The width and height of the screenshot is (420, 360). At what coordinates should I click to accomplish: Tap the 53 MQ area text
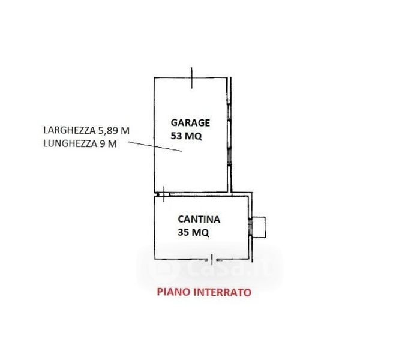pyautogui.click(x=186, y=136)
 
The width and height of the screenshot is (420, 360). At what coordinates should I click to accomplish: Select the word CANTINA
pyautogui.click(x=198, y=220)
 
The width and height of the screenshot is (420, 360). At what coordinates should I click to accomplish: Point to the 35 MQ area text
pyautogui.click(x=194, y=233)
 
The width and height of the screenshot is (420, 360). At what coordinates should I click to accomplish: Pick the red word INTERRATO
pyautogui.click(x=221, y=293)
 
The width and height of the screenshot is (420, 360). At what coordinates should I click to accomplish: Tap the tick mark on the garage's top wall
pyautogui.click(x=191, y=76)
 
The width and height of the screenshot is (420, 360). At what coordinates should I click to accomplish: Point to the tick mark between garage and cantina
pyautogui.click(x=162, y=192)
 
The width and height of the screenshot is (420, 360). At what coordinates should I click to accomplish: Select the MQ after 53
pyautogui.click(x=194, y=136)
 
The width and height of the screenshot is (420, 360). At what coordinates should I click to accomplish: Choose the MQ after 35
pyautogui.click(x=201, y=233)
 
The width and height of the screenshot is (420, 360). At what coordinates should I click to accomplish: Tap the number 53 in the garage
pyautogui.click(x=177, y=136)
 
